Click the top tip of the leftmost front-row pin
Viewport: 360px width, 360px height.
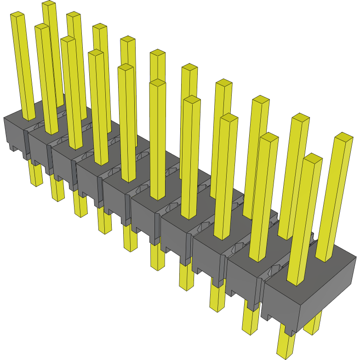coord(17,15)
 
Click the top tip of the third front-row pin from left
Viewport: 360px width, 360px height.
coord(68,40)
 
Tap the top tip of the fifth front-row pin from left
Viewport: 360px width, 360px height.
coord(126,68)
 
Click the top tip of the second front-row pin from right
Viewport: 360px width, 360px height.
coord(269,137)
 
